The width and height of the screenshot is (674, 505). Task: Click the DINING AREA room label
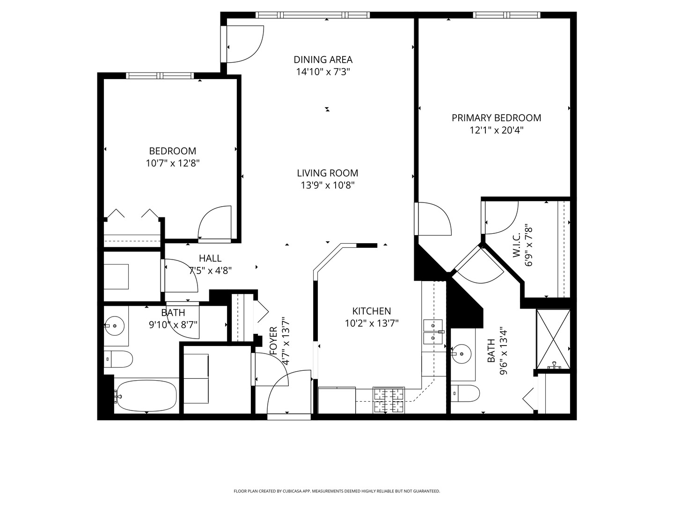pyautogui.click(x=323, y=59)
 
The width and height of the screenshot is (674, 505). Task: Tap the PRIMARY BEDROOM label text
pyautogui.click(x=496, y=118)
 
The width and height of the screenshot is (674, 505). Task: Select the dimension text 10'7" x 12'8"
pyautogui.click(x=173, y=163)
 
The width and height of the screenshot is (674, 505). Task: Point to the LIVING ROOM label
pyautogui.click(x=327, y=173)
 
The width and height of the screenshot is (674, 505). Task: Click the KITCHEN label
pyautogui.click(x=372, y=311)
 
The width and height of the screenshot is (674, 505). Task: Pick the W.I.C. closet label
pyautogui.click(x=517, y=246)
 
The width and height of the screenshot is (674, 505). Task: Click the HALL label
pyautogui.click(x=210, y=258)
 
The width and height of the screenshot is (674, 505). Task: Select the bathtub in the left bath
pyautogui.click(x=146, y=395)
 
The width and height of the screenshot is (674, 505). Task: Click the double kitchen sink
pyautogui.click(x=433, y=332)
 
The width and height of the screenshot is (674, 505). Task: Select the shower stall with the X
pyautogui.click(x=553, y=339)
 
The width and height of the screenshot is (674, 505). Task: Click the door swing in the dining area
pyautogui.click(x=243, y=44)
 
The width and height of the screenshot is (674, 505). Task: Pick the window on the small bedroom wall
pyautogui.click(x=160, y=76)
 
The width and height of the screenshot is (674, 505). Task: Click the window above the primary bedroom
pyautogui.click(x=507, y=15)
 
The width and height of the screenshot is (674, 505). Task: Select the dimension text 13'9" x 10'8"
pyautogui.click(x=327, y=186)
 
